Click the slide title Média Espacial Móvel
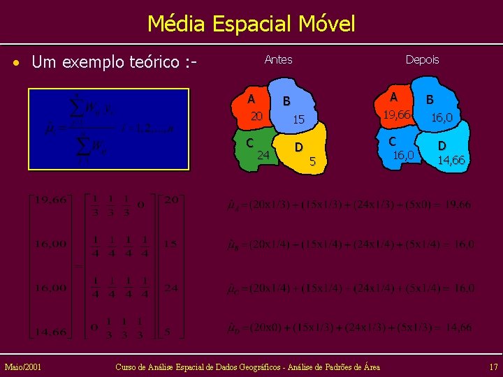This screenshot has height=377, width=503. [251, 24]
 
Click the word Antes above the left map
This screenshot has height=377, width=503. [278, 60]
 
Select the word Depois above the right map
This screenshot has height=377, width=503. [422, 60]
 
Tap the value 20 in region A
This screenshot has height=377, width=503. [256, 116]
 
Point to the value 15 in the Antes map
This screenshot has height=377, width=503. [298, 120]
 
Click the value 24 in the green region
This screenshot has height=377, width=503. [263, 154]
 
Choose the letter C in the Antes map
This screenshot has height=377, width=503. [249, 142]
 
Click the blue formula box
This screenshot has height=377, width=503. [108, 129]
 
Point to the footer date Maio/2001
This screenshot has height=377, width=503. [22, 367]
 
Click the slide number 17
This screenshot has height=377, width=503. [493, 367]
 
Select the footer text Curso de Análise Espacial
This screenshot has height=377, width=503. [247, 367]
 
